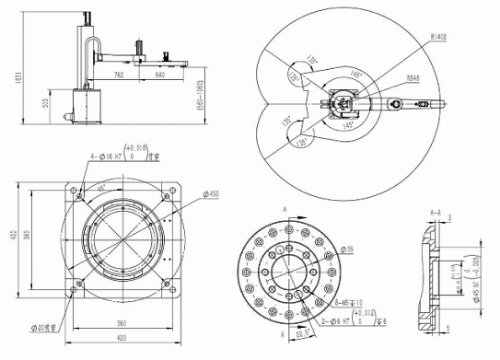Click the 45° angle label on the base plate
click(x=101, y=187)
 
